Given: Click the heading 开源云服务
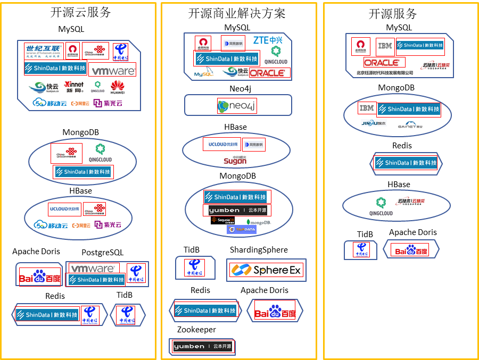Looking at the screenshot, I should pyautogui.click(x=79, y=13).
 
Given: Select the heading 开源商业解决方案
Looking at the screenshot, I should pyautogui.click(x=237, y=13).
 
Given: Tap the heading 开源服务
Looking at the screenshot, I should pyautogui.click(x=393, y=14).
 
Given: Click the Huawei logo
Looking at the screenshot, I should pyautogui.click(x=118, y=87).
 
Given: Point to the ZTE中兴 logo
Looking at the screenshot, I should pyautogui.click(x=268, y=40).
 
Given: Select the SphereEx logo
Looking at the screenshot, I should pyautogui.click(x=266, y=270).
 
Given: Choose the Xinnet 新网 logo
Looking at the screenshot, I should pyautogui.click(x=73, y=87).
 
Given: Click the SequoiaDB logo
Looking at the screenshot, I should pyautogui.click(x=222, y=220).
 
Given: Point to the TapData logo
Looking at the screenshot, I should pyautogui.click(x=242, y=230).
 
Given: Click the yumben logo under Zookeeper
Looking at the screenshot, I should pyautogui.click(x=203, y=347).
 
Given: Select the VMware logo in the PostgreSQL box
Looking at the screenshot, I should pyautogui.click(x=93, y=269).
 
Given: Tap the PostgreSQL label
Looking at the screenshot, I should pyautogui.click(x=102, y=252).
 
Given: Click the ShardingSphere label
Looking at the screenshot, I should pyautogui.click(x=259, y=249).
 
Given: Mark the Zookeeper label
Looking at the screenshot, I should pyautogui.click(x=196, y=330).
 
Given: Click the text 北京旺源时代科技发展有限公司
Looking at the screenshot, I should pyautogui.click(x=384, y=72).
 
